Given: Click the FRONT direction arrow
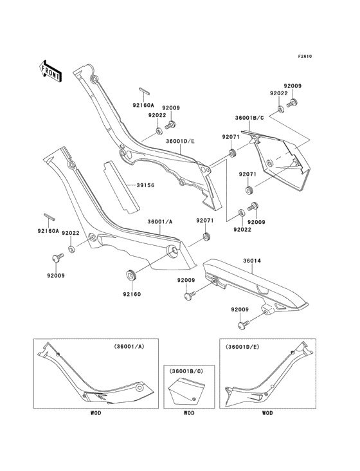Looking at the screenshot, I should pyautogui.click(x=51, y=70).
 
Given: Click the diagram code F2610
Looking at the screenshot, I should pyautogui.click(x=304, y=57).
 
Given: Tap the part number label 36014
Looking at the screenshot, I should pyautogui.click(x=233, y=261).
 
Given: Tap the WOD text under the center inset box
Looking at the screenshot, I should pyautogui.click(x=189, y=412).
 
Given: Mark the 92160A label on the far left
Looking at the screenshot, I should pyautogui.click(x=48, y=230).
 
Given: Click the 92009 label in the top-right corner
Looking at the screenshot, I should pyautogui.click(x=293, y=86).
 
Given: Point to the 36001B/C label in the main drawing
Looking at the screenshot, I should pyautogui.click(x=249, y=118).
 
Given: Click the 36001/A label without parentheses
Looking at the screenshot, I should pyautogui.click(x=160, y=223).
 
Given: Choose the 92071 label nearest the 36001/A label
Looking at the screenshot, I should pyautogui.click(x=204, y=221).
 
